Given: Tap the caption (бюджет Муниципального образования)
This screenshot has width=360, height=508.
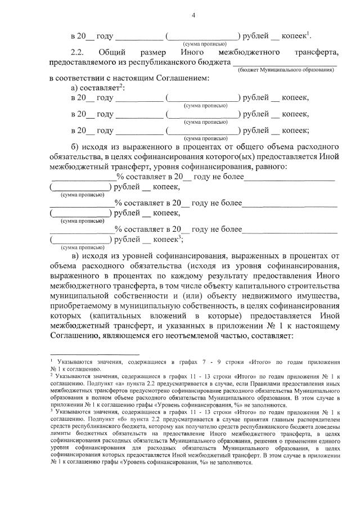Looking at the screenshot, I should click(285, 70).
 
